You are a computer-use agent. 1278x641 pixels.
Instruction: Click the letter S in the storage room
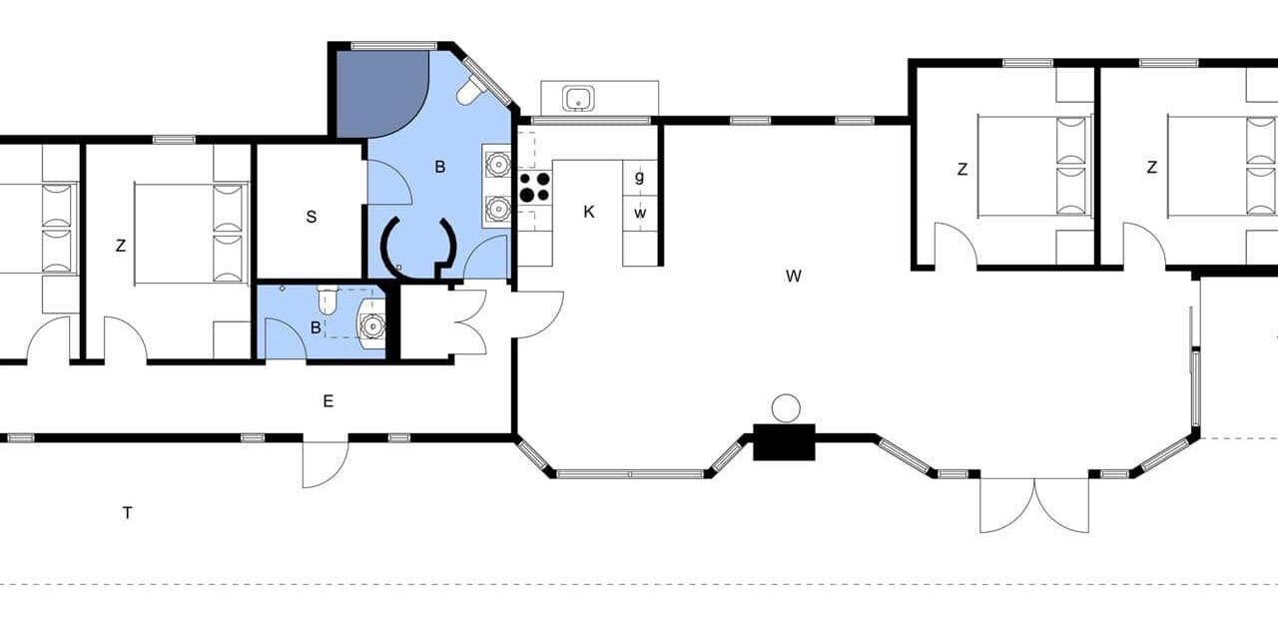pyautogui.click(x=311, y=217)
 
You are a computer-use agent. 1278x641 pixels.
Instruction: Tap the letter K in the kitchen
pyautogui.click(x=589, y=212)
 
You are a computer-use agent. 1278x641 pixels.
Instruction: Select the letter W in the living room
pyautogui.click(x=793, y=276)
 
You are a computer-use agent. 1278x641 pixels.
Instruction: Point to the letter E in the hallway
pyautogui.click(x=328, y=401)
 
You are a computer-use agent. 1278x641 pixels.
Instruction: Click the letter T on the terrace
pyautogui.click(x=127, y=513)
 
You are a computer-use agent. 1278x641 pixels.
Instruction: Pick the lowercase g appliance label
pyautogui.click(x=640, y=178)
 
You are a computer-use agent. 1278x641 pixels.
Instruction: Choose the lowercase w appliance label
pyautogui.click(x=640, y=214)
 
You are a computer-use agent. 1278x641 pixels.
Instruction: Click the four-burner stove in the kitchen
pyautogui.click(x=535, y=188)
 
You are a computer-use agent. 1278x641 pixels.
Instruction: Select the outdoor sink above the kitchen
pyautogui.click(x=578, y=99)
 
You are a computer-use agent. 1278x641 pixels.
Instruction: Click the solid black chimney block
pyautogui.click(x=784, y=442)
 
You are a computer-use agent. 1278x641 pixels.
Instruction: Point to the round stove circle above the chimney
pyautogui.click(x=786, y=408)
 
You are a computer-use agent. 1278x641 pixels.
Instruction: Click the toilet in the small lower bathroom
pyautogui.click(x=326, y=301)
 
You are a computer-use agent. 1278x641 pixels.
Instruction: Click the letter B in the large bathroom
pyautogui.click(x=440, y=167)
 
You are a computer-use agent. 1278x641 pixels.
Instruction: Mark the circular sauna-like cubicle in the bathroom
pyautogui.click(x=419, y=248)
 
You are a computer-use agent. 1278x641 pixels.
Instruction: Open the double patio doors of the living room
pyautogui.click(x=1034, y=505)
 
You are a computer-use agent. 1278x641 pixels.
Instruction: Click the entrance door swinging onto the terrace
pyautogui.click(x=325, y=462)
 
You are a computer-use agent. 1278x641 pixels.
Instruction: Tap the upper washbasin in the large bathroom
pyautogui.click(x=498, y=164)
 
